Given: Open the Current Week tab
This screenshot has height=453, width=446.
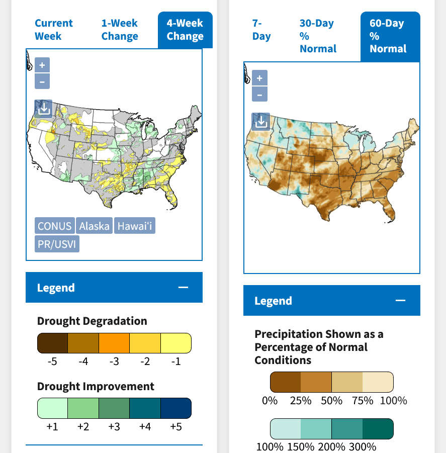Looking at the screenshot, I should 54,30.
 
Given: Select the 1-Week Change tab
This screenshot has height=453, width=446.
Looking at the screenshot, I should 120,30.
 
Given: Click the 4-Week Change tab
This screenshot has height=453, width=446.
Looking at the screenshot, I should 185,30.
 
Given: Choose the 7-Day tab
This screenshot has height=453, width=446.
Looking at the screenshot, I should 261,30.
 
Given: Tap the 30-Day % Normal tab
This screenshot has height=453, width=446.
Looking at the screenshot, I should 318,36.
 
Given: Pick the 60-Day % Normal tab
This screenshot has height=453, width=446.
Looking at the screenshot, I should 388,36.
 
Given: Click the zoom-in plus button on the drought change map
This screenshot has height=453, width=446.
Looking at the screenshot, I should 42,65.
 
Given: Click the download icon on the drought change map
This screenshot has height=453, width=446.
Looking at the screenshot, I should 43,108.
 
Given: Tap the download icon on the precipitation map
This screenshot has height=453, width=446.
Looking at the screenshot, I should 260,121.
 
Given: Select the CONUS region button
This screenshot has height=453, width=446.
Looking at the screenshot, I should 55,226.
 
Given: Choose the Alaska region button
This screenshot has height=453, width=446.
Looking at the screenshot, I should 94,226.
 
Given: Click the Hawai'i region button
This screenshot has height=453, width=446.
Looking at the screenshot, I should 134,226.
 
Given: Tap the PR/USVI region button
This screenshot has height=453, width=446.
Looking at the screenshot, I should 57,244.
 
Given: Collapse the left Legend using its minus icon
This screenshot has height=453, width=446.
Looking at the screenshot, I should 183,288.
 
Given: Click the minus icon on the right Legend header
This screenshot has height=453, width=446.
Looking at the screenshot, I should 400,301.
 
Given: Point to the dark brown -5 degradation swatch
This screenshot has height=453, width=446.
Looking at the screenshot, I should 53,343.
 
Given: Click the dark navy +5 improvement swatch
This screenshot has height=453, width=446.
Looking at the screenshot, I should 176,408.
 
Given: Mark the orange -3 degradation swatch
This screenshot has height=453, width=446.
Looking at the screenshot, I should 114,343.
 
